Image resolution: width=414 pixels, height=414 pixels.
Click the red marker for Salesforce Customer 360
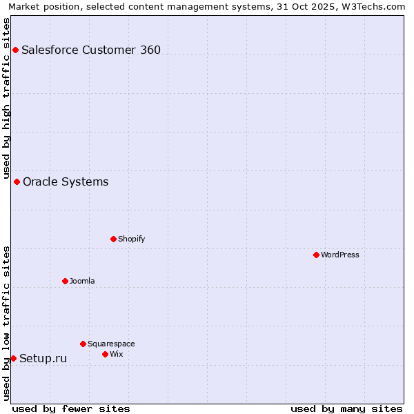tap(15, 50)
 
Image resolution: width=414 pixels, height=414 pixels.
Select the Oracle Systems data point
tap(17, 182)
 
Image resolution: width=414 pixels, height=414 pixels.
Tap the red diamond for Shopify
tap(113, 239)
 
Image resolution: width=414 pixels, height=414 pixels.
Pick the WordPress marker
tap(316, 255)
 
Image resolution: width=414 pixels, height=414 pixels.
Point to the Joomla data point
tap(65, 282)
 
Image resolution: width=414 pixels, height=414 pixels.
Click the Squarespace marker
tap(83, 344)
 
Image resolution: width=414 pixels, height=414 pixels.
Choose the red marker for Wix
tap(105, 355)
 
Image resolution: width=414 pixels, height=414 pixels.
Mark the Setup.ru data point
tap(13, 359)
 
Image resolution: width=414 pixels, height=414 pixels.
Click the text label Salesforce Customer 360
tap(91, 50)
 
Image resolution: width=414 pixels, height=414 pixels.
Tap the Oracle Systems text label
tap(66, 182)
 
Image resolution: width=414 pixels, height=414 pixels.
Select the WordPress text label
tap(340, 255)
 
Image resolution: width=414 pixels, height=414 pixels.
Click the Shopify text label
tap(131, 239)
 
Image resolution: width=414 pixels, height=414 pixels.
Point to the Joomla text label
tap(82, 282)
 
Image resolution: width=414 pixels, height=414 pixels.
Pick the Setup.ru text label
tap(43, 359)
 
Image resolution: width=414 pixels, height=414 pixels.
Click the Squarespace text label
tap(111, 344)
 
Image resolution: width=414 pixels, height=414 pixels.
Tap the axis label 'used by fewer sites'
tap(71, 408)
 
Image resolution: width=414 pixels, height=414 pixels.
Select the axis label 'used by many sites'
tap(346, 408)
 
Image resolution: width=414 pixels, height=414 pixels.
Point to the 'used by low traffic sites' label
tap(6, 323)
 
